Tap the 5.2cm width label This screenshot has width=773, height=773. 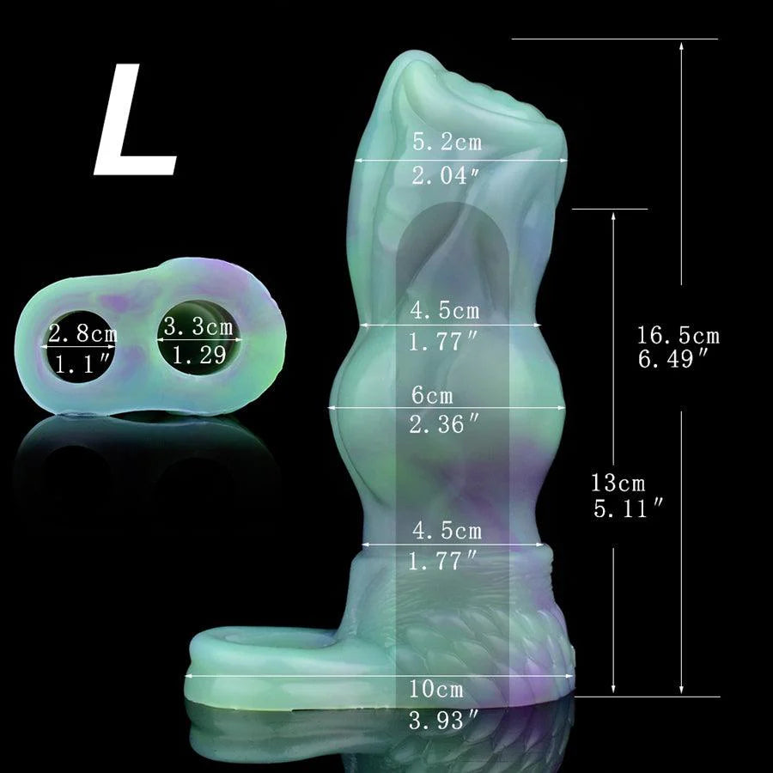coord(447,142)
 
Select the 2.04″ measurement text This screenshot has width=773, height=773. coord(446,175)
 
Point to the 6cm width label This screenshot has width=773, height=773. coord(432,395)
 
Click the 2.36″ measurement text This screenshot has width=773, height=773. coord(444,424)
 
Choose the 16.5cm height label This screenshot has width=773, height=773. coord(678,336)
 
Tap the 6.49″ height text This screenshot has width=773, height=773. coord(673,358)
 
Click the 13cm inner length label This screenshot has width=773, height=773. coord(618,483)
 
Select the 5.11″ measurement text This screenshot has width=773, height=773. coord(628,508)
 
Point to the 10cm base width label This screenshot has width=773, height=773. coord(436,689)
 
